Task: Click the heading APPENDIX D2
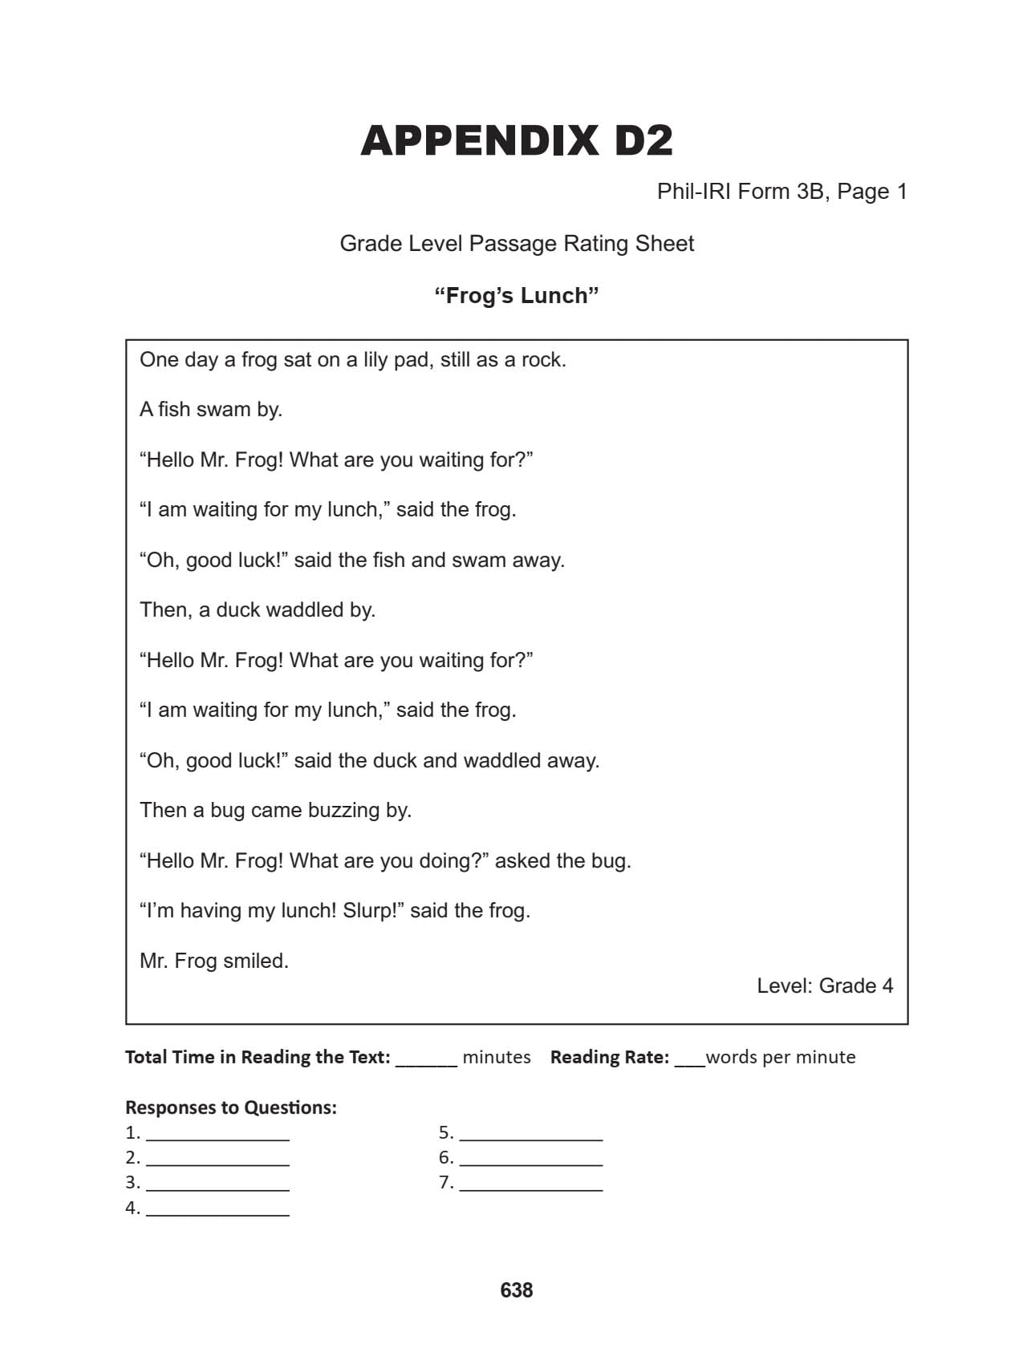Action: [x=517, y=141]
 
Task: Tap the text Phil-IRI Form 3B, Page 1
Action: [x=781, y=192]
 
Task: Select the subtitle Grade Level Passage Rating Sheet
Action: [x=517, y=244]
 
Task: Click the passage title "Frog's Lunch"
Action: [x=517, y=296]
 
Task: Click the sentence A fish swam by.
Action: [x=211, y=410]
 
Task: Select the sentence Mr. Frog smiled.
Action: [x=214, y=961]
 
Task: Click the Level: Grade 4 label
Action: [x=825, y=986]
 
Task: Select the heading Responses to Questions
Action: [x=231, y=1107]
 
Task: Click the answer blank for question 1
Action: [x=217, y=1135]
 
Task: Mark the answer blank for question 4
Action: [x=217, y=1210]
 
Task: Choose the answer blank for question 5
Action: [x=530, y=1135]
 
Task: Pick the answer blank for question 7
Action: [x=530, y=1184]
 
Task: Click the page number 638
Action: [x=517, y=1289]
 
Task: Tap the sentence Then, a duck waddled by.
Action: [x=258, y=610]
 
